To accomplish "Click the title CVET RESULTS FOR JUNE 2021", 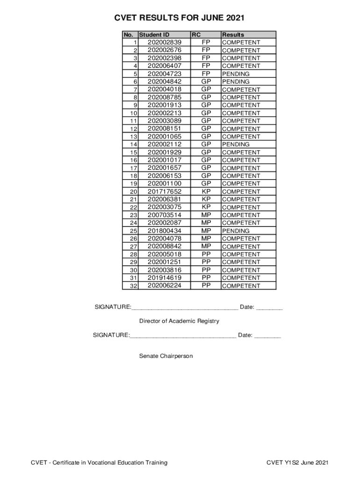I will pyautogui.click(x=180, y=18).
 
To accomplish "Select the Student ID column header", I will pyautogui.click(x=154, y=35).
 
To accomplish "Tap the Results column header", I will pyautogui.click(x=233, y=35).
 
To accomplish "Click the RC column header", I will pyautogui.click(x=196, y=35).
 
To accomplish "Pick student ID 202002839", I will pyautogui.click(x=165, y=42).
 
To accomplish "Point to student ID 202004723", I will pyautogui.click(x=165, y=73).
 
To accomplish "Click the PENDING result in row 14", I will pyautogui.click(x=236, y=145).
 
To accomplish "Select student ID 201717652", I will pyautogui.click(x=165, y=191).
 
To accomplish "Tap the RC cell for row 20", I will pyautogui.click(x=206, y=191).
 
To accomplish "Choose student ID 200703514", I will pyautogui.click(x=165, y=215).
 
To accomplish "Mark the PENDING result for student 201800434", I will pyautogui.click(x=236, y=231).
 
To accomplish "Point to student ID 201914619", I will pyautogui.click(x=165, y=278).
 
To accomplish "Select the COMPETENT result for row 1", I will pyautogui.click(x=241, y=43).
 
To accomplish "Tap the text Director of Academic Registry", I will pyautogui.click(x=179, y=321).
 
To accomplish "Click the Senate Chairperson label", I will pyautogui.click(x=166, y=356).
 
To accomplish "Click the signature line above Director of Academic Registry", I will pyautogui.click(x=185, y=308).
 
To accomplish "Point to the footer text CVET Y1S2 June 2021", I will pyautogui.click(x=297, y=463).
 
